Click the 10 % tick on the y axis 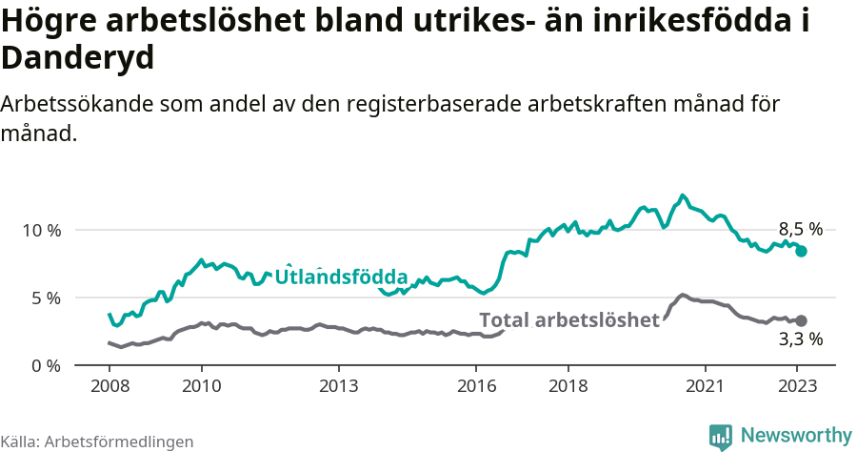[40, 231]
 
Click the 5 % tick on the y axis [44, 298]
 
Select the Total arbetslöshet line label [568, 320]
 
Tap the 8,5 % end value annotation [800, 229]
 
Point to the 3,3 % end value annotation [800, 339]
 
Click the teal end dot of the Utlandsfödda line [802, 251]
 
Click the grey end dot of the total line [802, 320]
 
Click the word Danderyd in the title [78, 58]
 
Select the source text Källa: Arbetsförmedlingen [97, 442]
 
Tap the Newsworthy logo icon [721, 436]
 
